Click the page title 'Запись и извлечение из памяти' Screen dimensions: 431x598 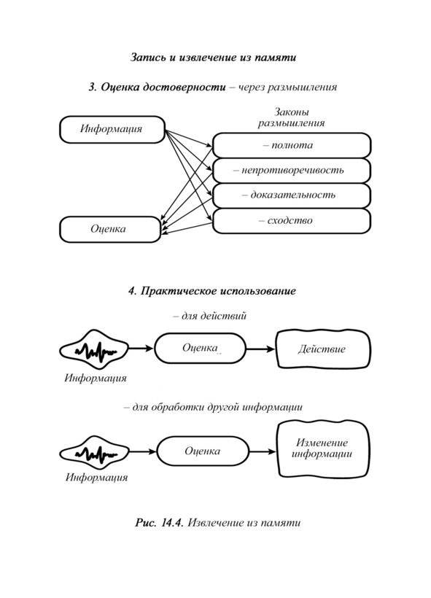click(x=213, y=58)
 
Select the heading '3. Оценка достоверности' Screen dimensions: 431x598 click(x=157, y=88)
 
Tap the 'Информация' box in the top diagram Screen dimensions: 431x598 click(x=112, y=130)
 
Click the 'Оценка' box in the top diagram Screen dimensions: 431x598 click(x=110, y=229)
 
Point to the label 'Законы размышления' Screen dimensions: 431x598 click(x=292, y=117)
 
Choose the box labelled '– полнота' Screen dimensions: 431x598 click(x=292, y=145)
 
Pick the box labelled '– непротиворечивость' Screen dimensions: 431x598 click(x=292, y=171)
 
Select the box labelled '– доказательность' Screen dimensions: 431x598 click(x=292, y=195)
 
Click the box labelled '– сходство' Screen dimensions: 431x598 click(x=292, y=221)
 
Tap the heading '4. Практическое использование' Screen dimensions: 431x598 click(x=212, y=291)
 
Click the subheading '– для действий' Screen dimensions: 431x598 click(x=210, y=316)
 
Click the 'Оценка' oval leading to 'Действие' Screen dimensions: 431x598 click(x=200, y=348)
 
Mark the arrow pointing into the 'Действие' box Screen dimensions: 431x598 click(x=260, y=349)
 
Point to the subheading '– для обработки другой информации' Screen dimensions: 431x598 click(x=213, y=407)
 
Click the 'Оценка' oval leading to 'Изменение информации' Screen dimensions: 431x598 click(x=203, y=451)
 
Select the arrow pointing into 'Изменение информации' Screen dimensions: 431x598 click(x=263, y=452)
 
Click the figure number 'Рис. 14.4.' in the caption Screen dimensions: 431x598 click(x=160, y=522)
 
